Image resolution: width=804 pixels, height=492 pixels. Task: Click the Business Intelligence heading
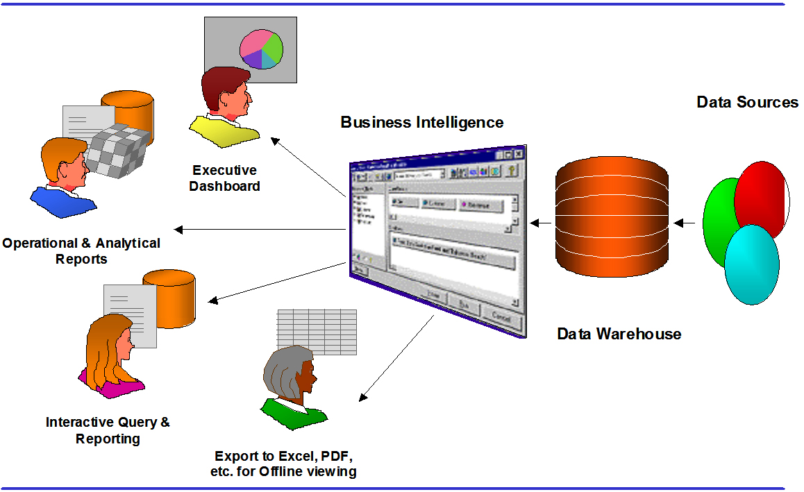(x=421, y=123)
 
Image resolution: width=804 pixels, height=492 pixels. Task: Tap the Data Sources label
(x=747, y=103)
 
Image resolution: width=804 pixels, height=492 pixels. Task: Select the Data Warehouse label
(x=619, y=334)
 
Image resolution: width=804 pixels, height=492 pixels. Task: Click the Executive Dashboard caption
(x=224, y=178)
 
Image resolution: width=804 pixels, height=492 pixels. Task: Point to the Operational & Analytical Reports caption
(x=81, y=251)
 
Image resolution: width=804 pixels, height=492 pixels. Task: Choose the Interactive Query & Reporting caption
(x=108, y=430)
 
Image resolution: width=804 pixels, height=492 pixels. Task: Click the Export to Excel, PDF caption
(x=285, y=464)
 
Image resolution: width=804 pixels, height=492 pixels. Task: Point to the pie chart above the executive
(x=261, y=49)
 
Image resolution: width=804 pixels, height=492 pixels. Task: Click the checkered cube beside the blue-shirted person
(x=118, y=149)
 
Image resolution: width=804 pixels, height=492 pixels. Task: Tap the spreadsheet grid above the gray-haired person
(x=317, y=331)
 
